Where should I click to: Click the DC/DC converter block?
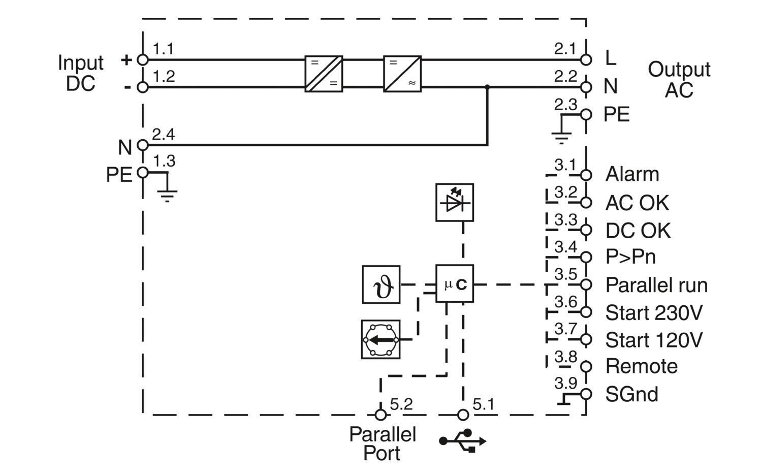point(324,74)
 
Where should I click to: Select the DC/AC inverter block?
point(402,74)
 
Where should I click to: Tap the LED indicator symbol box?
point(455,203)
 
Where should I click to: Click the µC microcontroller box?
point(455,284)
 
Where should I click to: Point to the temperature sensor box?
point(381,284)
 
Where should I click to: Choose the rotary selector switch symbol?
point(380,339)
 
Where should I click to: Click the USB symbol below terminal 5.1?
point(463,440)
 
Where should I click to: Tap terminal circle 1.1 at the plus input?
point(143,60)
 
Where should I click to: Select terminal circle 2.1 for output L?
point(586,60)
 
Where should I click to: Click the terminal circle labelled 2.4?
point(143,145)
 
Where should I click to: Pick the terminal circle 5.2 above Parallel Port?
point(380,415)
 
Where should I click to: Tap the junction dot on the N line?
point(487,87)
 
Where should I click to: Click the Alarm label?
point(632,174)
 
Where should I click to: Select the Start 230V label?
point(654,312)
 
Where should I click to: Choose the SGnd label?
point(632,394)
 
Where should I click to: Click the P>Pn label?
point(630,257)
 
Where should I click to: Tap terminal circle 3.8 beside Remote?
point(586,367)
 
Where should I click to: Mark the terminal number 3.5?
point(566,274)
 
